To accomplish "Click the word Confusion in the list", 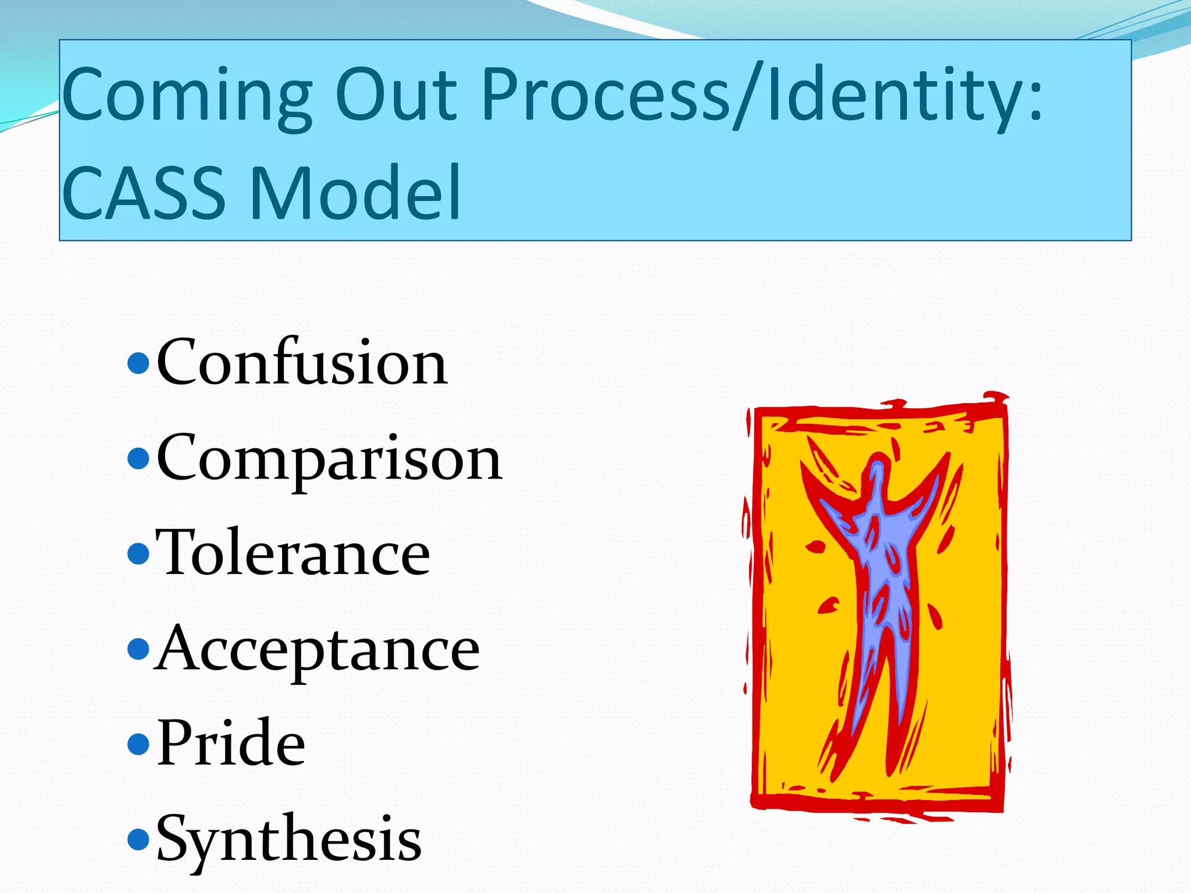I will pyautogui.click(x=302, y=363).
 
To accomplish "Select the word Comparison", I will pyautogui.click(x=329, y=459).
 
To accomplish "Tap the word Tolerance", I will pyautogui.click(x=293, y=553).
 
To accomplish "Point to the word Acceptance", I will pyautogui.click(x=317, y=649).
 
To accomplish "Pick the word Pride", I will pyautogui.click(x=231, y=744).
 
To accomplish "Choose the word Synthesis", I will pyautogui.click(x=289, y=840).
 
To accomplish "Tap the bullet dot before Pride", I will pyautogui.click(x=138, y=744).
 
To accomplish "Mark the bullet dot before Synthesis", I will pyautogui.click(x=138, y=839).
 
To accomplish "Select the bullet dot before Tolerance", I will pyautogui.click(x=138, y=553).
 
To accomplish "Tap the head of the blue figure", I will pyautogui.click(x=879, y=474).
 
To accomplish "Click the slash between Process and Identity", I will pyautogui.click(x=748, y=96).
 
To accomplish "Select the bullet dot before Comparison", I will pyautogui.click(x=138, y=459).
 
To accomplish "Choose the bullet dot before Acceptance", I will pyautogui.click(x=138, y=649).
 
